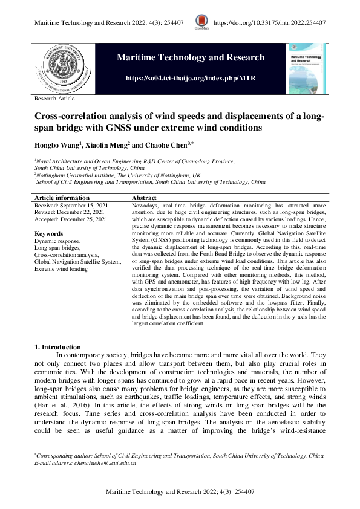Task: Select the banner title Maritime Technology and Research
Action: (x=190, y=57)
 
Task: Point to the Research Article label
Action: (x=54, y=97)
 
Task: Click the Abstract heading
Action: (x=144, y=198)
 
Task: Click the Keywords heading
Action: (x=49, y=233)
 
